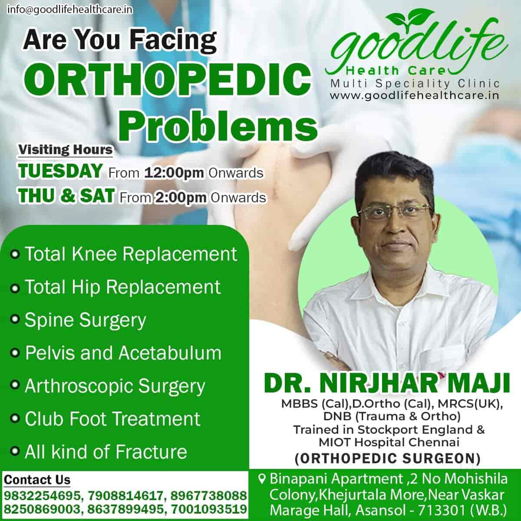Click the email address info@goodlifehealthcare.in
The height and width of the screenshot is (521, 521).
[70, 9]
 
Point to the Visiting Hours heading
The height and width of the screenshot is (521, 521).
[65, 150]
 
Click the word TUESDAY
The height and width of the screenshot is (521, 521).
[60, 171]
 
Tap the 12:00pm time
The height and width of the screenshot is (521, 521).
[174, 172]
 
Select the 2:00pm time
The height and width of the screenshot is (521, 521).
[181, 198]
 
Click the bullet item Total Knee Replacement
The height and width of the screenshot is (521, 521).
[131, 254]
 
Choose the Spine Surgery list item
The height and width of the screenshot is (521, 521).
[86, 320]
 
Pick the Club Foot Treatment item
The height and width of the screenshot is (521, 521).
[112, 419]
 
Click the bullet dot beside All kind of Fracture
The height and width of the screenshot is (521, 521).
[16, 452]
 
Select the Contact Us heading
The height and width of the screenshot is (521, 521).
[37, 480]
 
